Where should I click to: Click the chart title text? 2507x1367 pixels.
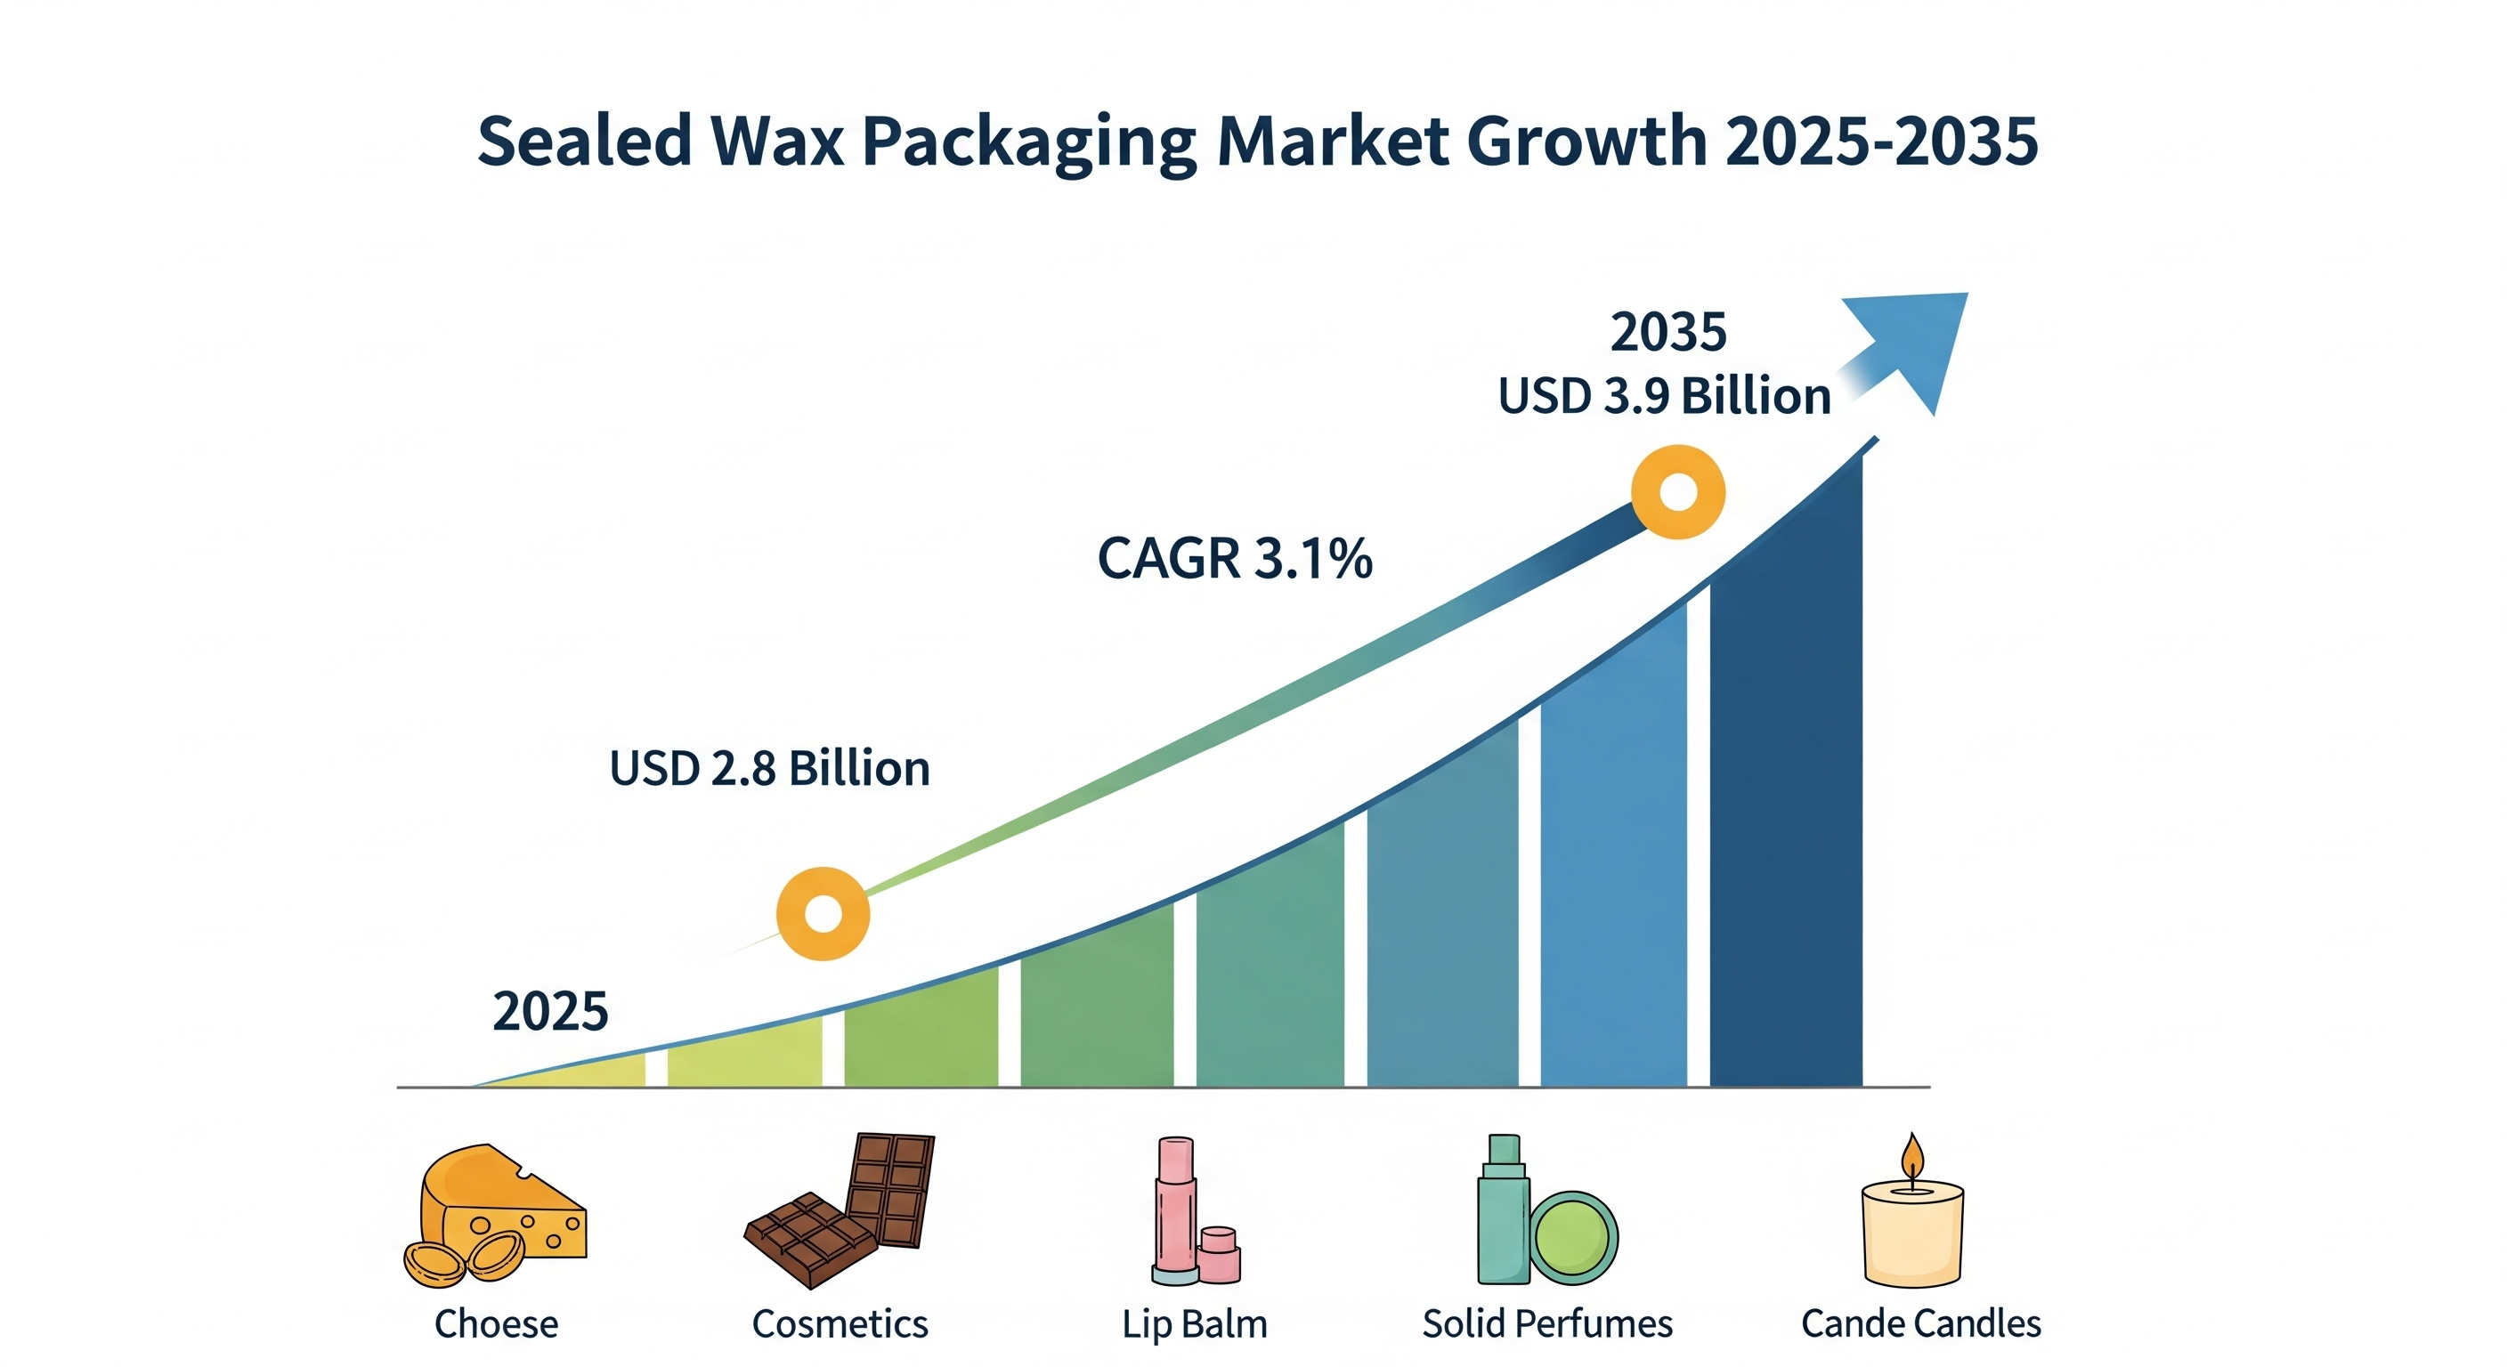point(1256,142)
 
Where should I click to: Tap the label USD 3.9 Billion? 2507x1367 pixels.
point(1663,397)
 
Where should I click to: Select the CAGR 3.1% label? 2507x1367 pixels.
point(1234,559)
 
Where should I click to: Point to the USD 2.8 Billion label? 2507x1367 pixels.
point(769,769)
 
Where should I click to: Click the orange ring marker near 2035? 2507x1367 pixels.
point(1678,492)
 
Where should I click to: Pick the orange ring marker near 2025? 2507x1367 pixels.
point(823,914)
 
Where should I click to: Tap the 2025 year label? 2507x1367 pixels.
point(550,1011)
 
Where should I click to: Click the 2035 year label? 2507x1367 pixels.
point(1668,333)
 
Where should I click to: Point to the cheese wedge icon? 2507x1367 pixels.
point(506,1207)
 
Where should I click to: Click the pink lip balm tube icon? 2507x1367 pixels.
point(1176,1207)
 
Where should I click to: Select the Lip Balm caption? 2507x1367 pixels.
point(1194,1323)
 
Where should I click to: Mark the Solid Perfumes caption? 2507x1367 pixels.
point(1546,1323)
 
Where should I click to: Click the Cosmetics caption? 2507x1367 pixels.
point(840,1323)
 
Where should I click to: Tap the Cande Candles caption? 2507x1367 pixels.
point(1920,1323)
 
